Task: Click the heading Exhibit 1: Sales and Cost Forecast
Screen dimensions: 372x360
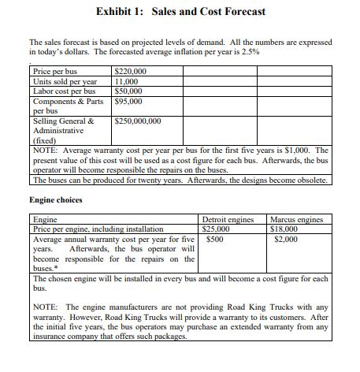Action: pyautogui.click(x=180, y=11)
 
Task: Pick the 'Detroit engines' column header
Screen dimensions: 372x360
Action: pyautogui.click(x=228, y=218)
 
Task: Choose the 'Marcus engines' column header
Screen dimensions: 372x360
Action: pyautogui.click(x=297, y=218)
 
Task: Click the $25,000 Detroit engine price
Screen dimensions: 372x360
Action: pyautogui.click(x=217, y=228)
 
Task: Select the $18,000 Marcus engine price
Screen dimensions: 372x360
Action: pyautogui.click(x=284, y=228)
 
